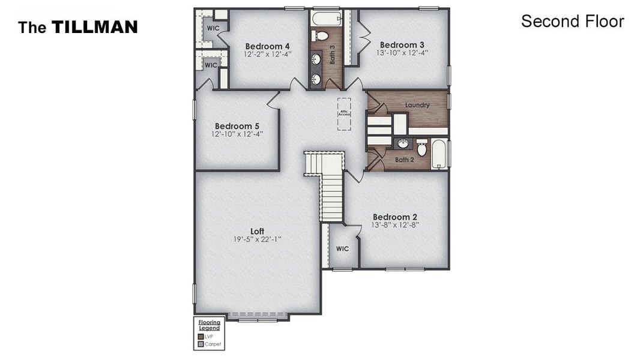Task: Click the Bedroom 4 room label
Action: pyautogui.click(x=267, y=46)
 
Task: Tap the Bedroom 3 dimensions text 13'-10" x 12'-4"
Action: pyautogui.click(x=402, y=53)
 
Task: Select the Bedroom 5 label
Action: pyautogui.click(x=237, y=126)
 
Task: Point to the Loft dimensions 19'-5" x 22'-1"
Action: pyautogui.click(x=257, y=239)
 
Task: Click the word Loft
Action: pyautogui.click(x=257, y=231)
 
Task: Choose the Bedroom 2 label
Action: pyautogui.click(x=395, y=217)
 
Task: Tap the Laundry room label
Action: pyautogui.click(x=417, y=105)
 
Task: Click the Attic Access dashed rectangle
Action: pyautogui.click(x=344, y=113)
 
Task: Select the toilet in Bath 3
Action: pyautogui.click(x=322, y=36)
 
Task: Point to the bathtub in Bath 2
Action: pyautogui.click(x=439, y=154)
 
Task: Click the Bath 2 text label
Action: pyautogui.click(x=404, y=160)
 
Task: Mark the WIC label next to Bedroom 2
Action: pyautogui.click(x=342, y=248)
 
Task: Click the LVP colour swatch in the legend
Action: pyautogui.click(x=200, y=337)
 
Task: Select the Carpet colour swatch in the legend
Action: pyautogui.click(x=200, y=344)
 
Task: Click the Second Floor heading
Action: pyautogui.click(x=572, y=22)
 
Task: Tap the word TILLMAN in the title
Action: pyautogui.click(x=94, y=27)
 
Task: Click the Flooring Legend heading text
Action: pyautogui.click(x=209, y=325)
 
